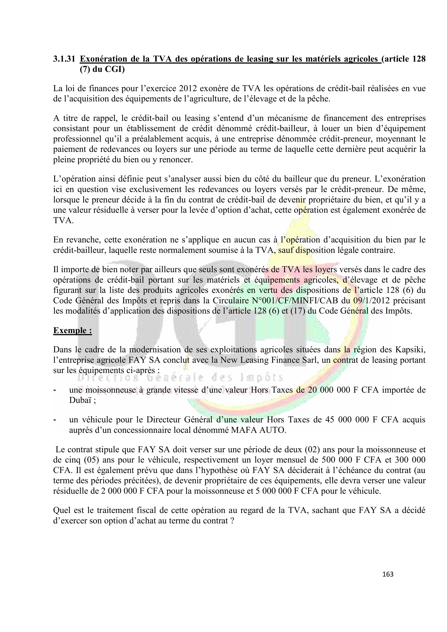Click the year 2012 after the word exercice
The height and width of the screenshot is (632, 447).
click(x=188, y=88)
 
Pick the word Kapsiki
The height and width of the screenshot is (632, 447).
click(x=410, y=350)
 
